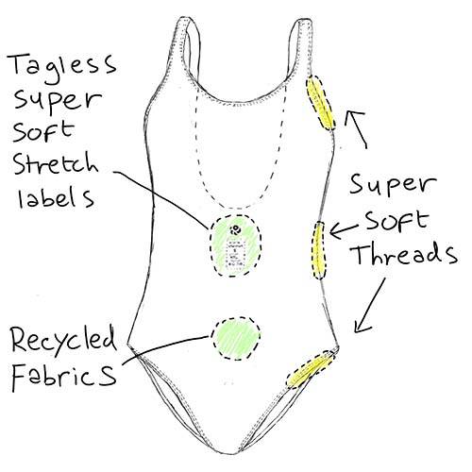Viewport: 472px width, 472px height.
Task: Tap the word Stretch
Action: pos(56,164)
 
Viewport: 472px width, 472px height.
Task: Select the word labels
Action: pos(56,198)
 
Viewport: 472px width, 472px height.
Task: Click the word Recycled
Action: pos(63,341)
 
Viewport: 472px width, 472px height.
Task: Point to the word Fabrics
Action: pos(63,377)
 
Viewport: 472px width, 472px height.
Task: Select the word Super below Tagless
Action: pos(58,99)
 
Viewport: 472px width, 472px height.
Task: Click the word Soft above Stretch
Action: pos(43,131)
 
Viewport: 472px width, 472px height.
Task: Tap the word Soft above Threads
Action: pos(397,220)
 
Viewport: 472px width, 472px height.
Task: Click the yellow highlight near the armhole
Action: pos(321,103)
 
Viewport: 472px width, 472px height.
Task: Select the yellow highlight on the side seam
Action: pos(319,250)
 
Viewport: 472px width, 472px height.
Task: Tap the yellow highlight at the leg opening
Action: pos(310,369)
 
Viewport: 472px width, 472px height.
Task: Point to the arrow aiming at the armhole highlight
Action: pos(356,128)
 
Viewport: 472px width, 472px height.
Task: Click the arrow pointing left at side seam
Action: pos(344,230)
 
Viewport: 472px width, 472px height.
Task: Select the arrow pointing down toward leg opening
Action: pos(370,305)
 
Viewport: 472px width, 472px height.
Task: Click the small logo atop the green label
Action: pos(235,229)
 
